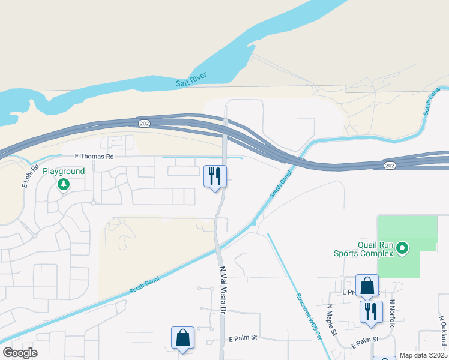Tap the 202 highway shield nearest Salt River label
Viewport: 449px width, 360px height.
click(142, 122)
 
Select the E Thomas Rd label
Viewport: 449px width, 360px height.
click(94, 156)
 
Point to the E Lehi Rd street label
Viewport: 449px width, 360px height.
click(30, 175)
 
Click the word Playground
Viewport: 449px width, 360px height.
click(63, 171)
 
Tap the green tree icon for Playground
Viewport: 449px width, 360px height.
click(63, 185)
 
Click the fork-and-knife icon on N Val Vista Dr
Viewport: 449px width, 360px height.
click(215, 176)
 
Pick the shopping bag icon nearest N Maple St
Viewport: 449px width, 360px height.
click(367, 286)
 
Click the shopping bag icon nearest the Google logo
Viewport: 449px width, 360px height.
click(182, 338)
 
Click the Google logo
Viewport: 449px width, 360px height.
click(20, 353)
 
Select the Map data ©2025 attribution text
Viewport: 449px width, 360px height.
click(423, 355)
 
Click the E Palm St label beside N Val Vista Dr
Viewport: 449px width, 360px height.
click(243, 338)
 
